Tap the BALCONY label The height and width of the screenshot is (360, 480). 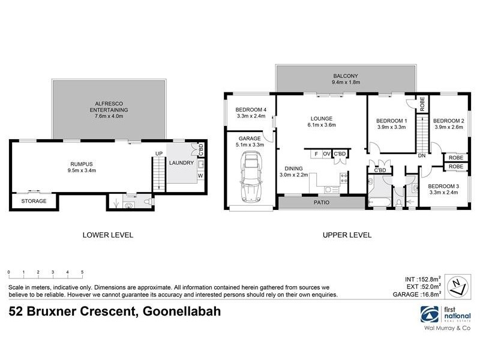tap(346, 76)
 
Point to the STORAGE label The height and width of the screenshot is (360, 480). tap(34, 201)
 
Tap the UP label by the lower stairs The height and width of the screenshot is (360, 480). tap(158, 154)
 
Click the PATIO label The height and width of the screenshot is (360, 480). tap(322, 203)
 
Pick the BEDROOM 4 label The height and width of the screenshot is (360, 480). tap(250, 109)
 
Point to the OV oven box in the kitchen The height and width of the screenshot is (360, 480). tap(326, 154)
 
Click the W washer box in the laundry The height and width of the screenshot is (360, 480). tap(200, 176)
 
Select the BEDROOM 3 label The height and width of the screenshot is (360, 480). tap(444, 187)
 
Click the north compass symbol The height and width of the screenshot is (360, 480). tap(458, 284)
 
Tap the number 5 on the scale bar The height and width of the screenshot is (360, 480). tap(82, 272)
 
